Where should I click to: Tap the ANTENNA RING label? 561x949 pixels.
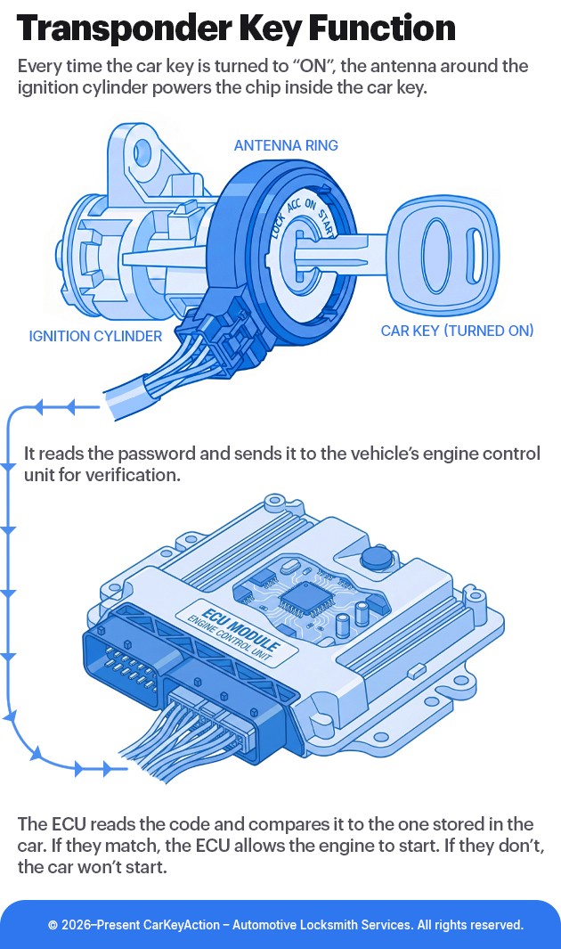click(x=285, y=145)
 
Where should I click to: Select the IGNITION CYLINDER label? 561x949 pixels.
click(x=95, y=336)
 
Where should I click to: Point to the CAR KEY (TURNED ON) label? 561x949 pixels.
click(x=457, y=331)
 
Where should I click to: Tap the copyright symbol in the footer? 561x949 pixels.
click(x=53, y=925)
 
